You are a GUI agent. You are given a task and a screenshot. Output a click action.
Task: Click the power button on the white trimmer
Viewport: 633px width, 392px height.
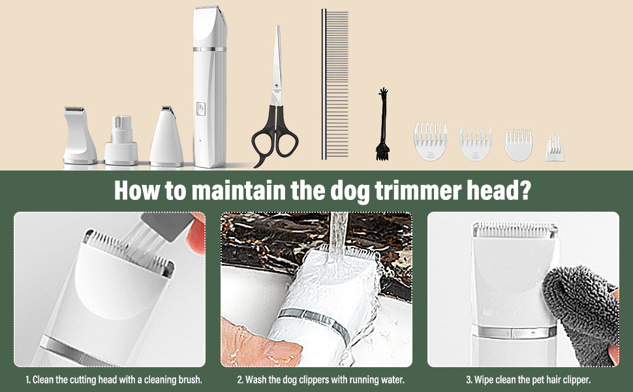200,109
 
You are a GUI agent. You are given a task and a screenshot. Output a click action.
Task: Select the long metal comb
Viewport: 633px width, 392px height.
335,84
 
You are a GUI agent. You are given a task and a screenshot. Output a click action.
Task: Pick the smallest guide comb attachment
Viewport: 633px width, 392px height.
555,148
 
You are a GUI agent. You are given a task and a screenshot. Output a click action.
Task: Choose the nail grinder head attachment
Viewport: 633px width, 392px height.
121,140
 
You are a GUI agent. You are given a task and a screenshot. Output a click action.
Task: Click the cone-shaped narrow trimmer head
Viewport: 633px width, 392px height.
166,137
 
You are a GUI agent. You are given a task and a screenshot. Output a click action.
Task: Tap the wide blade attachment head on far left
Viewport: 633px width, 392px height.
80,135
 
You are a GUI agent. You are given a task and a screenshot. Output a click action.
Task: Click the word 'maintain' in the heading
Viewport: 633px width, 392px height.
238,190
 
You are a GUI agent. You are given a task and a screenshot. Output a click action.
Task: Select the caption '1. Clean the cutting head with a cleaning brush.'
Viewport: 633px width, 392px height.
114,380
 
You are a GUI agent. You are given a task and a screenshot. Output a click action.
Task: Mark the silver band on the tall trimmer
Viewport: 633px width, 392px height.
209,49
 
